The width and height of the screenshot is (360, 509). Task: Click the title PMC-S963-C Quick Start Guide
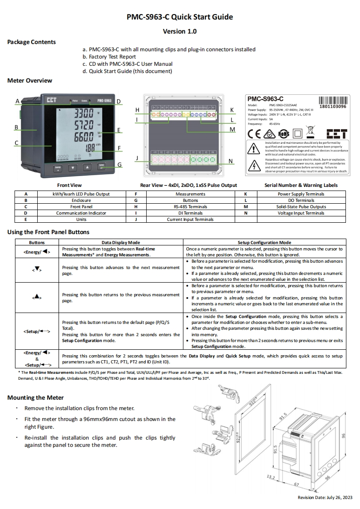tap(180, 17)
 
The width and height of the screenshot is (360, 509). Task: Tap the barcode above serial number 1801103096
tap(333, 100)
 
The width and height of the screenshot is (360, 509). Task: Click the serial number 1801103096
tap(333, 107)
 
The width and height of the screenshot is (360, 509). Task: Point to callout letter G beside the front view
tap(119, 165)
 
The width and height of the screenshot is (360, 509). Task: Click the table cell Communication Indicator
tap(81, 213)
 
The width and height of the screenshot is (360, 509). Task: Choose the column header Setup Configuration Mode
tap(264, 243)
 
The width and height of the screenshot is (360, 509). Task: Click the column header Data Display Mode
tap(121, 243)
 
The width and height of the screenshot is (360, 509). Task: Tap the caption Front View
tap(69, 185)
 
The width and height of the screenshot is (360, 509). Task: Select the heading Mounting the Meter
tap(32, 398)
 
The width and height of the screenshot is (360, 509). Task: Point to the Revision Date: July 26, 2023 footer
tap(325, 498)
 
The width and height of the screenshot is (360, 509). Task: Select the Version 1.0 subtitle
tap(180, 31)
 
